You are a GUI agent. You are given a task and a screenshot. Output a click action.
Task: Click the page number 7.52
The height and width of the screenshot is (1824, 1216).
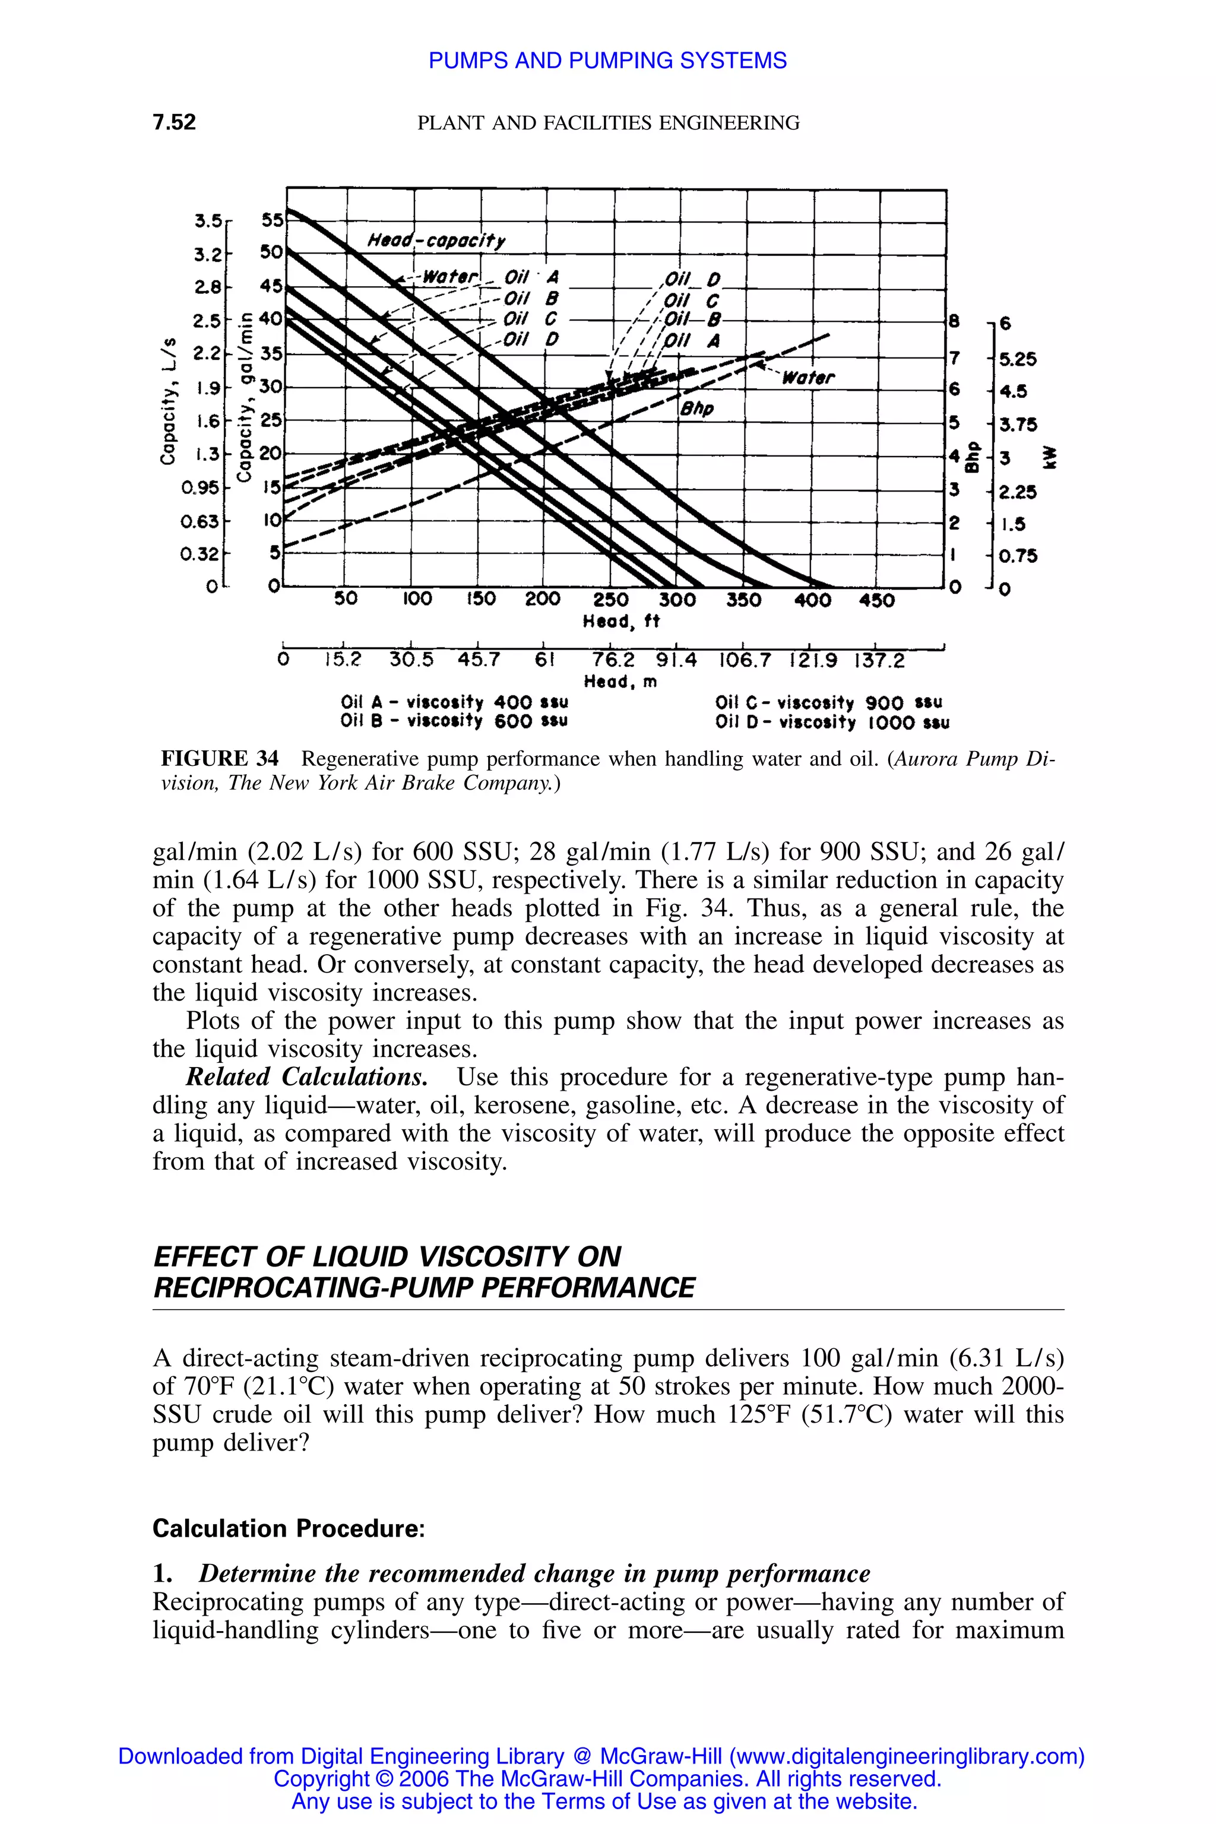[175, 122]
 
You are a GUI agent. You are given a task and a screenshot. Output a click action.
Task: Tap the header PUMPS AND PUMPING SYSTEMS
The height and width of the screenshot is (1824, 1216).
[607, 61]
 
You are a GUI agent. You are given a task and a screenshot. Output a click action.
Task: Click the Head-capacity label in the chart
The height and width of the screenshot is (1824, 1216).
[436, 240]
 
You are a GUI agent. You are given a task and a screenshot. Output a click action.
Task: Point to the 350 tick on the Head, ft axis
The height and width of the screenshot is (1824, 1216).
[743, 600]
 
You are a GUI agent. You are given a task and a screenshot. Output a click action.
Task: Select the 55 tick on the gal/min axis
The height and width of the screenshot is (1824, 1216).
[272, 220]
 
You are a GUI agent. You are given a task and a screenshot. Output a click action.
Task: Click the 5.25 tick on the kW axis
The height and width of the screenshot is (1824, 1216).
[1018, 359]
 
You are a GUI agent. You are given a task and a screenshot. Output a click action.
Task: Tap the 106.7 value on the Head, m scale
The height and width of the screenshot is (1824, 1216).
[745, 660]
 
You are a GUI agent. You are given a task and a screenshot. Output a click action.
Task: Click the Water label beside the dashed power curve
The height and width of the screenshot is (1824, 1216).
[808, 378]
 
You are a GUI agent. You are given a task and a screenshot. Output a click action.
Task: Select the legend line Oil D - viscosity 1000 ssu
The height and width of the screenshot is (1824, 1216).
[832, 723]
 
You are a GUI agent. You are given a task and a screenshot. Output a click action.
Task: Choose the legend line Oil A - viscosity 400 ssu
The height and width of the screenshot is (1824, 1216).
[454, 702]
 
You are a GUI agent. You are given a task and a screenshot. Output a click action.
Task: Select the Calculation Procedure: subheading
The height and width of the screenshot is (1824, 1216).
[289, 1528]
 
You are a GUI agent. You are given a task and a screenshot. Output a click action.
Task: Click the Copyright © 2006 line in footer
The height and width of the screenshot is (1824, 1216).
[607, 1778]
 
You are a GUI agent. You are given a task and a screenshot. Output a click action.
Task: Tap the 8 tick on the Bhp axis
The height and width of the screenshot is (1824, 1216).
[955, 319]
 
